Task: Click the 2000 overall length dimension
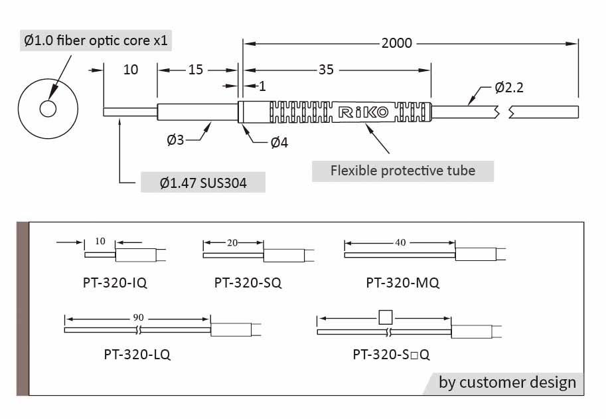(x=397, y=44)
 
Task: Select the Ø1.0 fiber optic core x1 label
(x=96, y=41)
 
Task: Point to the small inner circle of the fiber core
(x=48, y=109)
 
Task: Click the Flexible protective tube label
(x=403, y=171)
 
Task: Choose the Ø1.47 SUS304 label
(x=203, y=183)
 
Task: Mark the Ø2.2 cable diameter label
(x=509, y=88)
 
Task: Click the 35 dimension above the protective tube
(x=326, y=70)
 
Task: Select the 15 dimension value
(x=195, y=70)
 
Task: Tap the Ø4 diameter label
(x=279, y=143)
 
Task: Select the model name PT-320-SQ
(x=248, y=283)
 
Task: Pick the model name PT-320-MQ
(x=402, y=283)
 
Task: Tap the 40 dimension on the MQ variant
(x=400, y=242)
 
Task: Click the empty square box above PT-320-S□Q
(x=385, y=317)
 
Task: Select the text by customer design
(x=507, y=382)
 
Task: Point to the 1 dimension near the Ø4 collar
(x=262, y=86)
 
